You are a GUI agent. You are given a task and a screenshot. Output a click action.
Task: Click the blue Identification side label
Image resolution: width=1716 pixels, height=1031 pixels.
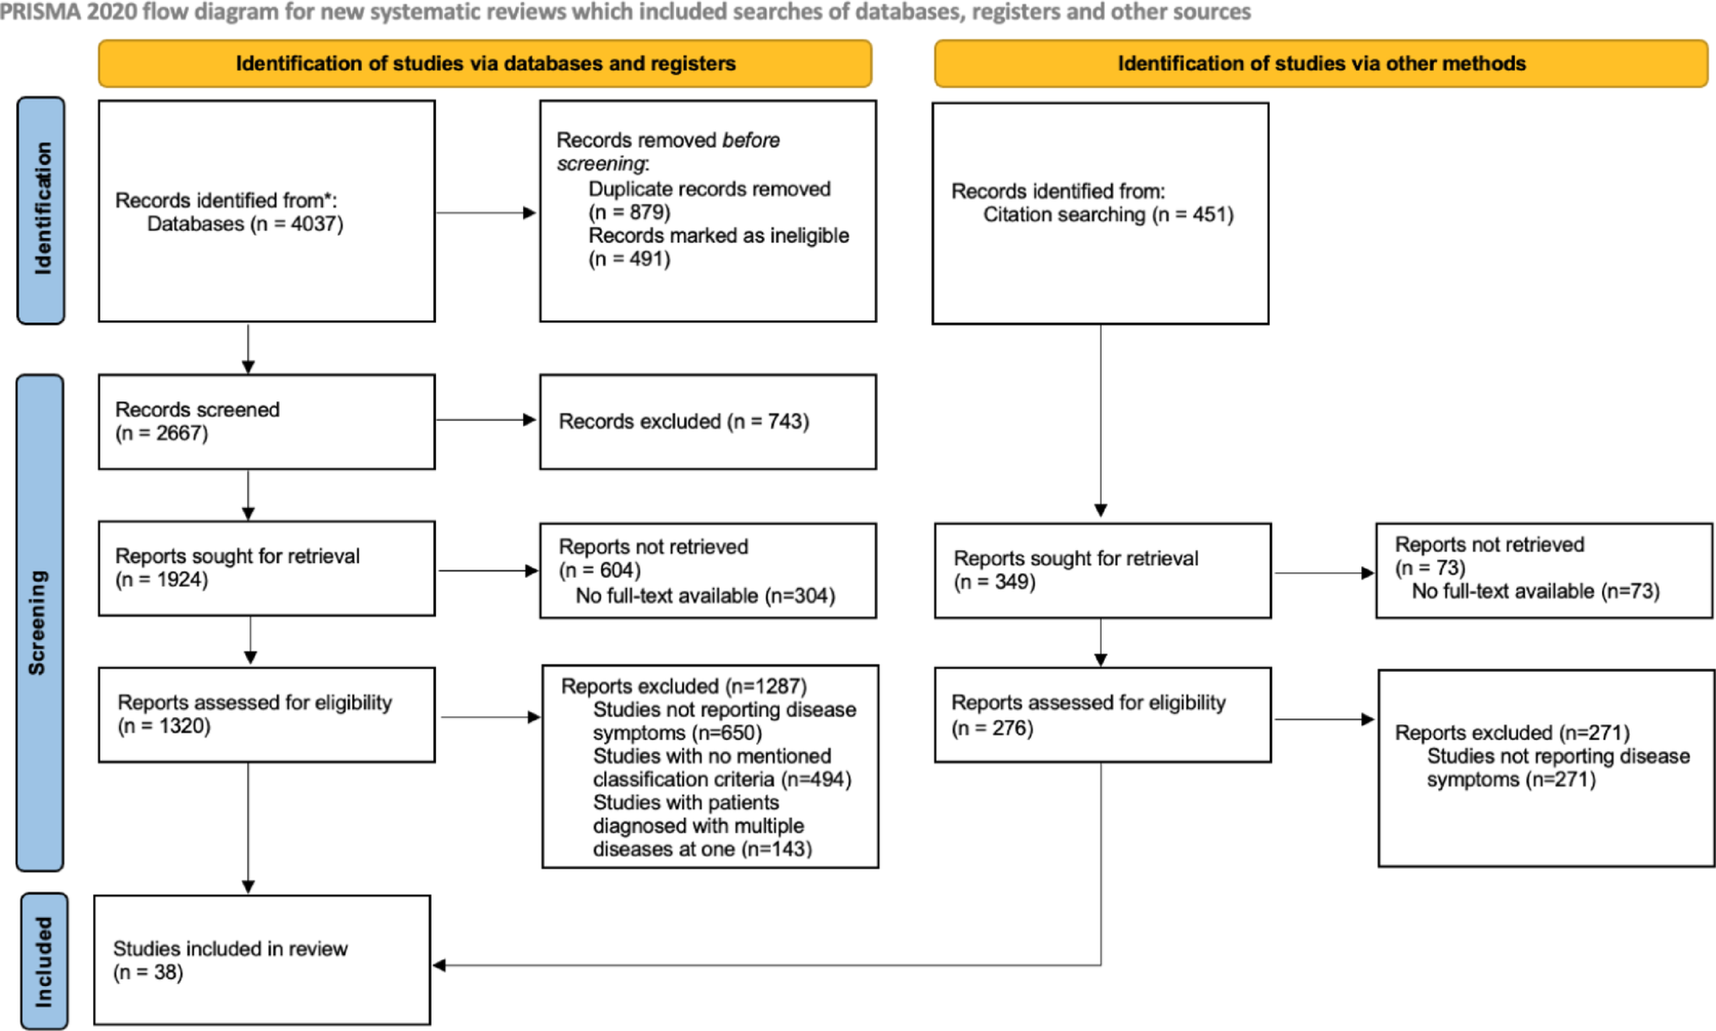[x=41, y=210]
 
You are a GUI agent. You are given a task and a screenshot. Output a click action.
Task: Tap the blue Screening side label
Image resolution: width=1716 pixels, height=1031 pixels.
[x=39, y=622]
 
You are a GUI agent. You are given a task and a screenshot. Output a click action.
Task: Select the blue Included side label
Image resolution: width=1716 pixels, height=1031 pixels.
[x=43, y=961]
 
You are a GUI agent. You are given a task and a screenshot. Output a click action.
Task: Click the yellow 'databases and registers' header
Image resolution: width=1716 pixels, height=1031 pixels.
[x=485, y=63]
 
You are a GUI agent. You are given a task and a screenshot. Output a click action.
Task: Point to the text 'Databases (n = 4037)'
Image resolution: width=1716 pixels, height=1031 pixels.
[x=245, y=224]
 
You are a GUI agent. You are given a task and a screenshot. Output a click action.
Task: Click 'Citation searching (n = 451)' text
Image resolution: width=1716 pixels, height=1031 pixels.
[x=1108, y=215]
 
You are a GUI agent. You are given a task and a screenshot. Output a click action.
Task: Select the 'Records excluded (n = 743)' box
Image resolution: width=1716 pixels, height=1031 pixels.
[x=707, y=422]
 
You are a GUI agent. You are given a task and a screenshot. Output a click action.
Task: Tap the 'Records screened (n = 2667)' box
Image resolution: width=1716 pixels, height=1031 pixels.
[x=266, y=422]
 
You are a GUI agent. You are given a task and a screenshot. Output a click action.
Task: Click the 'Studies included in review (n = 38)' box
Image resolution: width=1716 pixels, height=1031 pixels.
[x=262, y=960]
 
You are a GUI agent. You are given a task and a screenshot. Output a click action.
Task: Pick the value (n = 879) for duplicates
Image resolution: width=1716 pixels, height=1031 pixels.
[x=629, y=212]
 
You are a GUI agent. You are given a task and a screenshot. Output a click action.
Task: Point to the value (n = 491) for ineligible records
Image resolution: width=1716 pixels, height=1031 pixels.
[x=629, y=259]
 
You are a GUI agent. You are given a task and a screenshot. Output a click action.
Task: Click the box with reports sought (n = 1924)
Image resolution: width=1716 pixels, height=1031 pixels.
[x=266, y=568]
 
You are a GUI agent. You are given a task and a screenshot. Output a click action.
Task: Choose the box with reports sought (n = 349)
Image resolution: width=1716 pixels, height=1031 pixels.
[x=1102, y=570]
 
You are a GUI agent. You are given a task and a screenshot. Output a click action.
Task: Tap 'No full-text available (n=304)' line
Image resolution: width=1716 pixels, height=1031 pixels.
[x=705, y=596]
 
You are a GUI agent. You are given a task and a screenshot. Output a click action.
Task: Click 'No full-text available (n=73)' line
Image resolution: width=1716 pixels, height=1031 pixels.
[x=1535, y=592]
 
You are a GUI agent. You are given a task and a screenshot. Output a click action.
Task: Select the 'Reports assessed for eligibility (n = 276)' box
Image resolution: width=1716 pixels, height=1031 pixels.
[x=1102, y=715]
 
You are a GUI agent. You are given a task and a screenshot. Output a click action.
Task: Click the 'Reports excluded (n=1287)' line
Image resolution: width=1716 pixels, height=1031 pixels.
[x=684, y=686]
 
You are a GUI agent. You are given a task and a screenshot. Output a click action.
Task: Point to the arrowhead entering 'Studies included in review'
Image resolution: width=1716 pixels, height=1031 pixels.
[x=439, y=965]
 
